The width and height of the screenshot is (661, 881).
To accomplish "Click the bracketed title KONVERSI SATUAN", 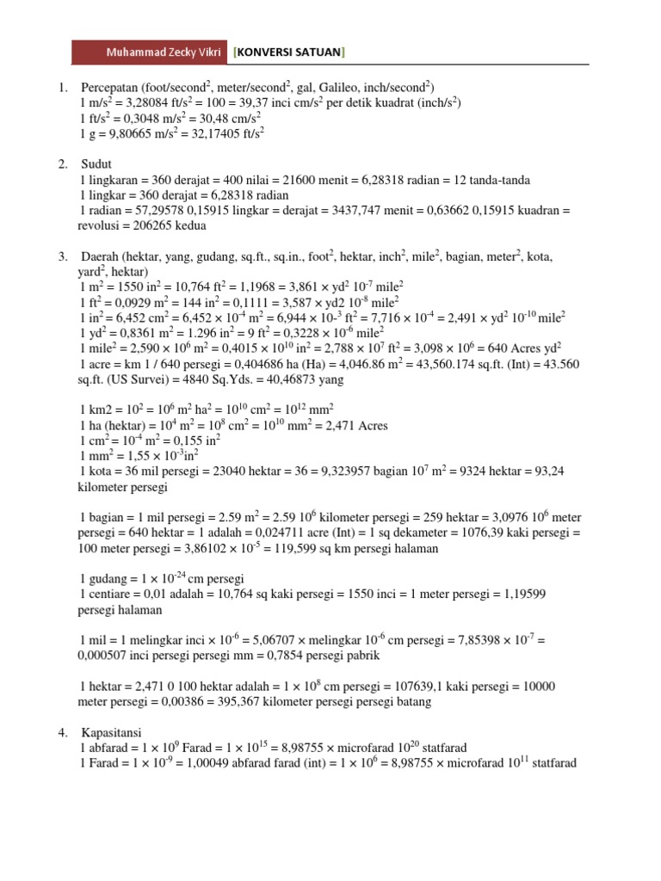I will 288,52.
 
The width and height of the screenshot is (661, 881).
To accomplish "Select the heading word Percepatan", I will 114,88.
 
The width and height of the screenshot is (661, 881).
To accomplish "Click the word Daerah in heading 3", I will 100,256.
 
